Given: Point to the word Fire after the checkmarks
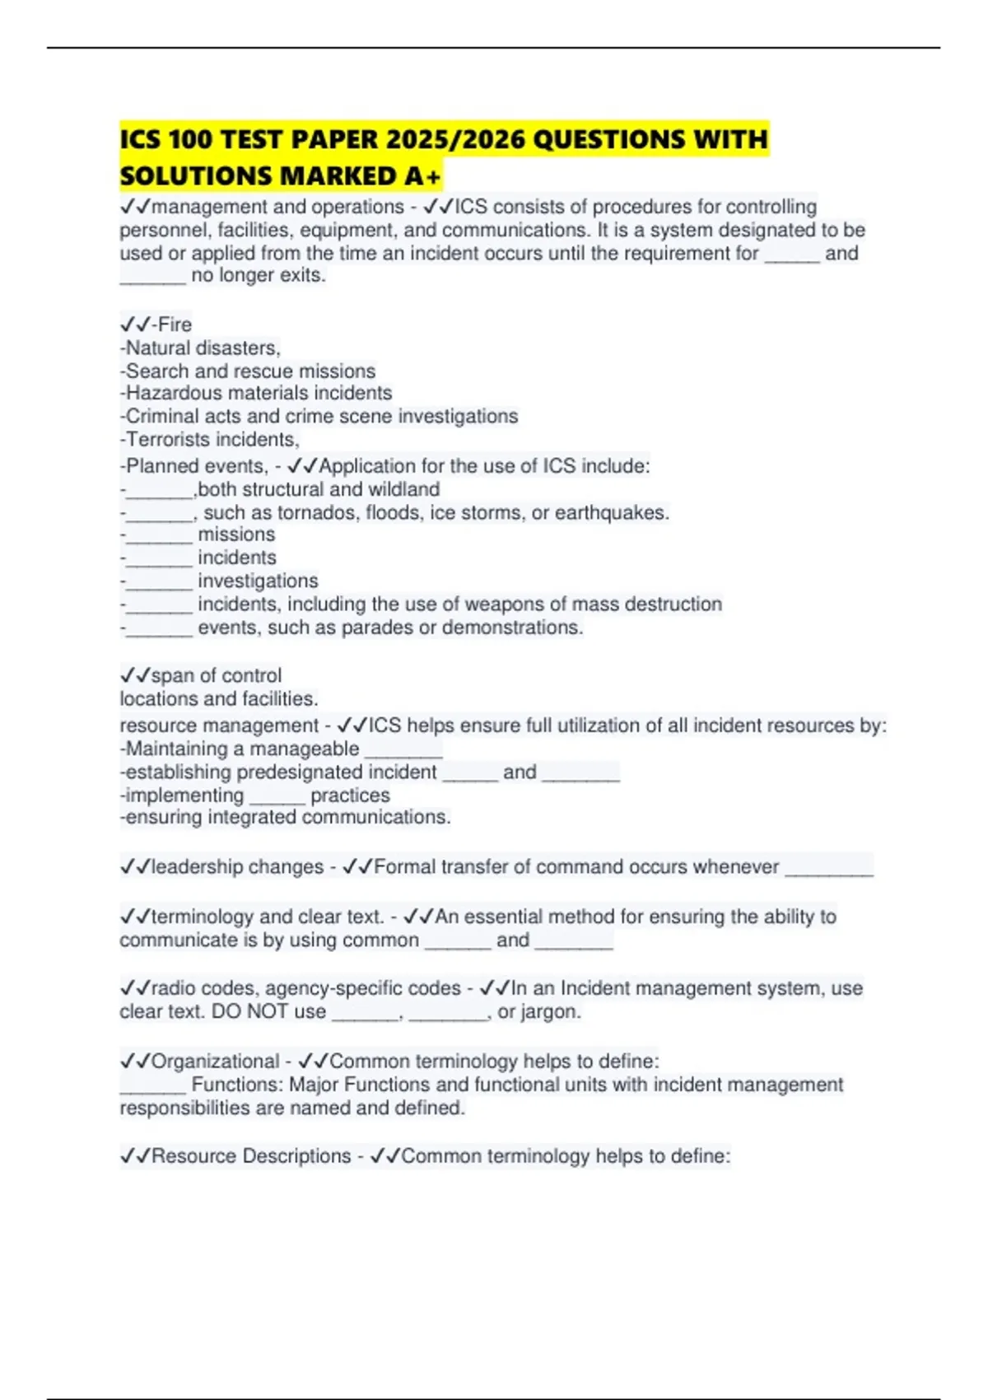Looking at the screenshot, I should coord(175,324).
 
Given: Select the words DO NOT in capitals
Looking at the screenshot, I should coord(239,1011).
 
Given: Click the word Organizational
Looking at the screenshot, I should coord(216,1061).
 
